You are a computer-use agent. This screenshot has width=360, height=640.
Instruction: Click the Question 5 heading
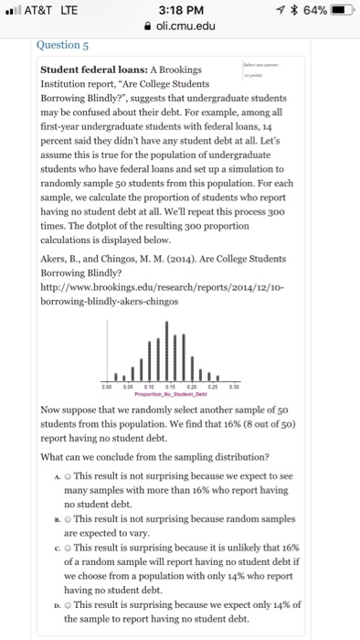tap(63, 43)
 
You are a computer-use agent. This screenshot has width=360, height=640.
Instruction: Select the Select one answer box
tap(261, 70)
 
